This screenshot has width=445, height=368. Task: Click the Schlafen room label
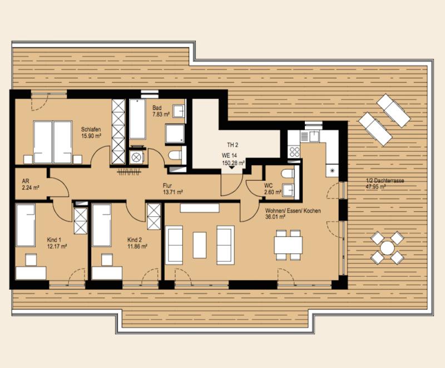tap(91, 130)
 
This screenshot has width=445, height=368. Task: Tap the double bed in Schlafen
tap(52, 142)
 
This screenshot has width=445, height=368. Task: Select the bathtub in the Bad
tap(137, 119)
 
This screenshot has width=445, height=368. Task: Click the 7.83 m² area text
tap(161, 115)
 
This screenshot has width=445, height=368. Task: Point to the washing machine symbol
tap(136, 157)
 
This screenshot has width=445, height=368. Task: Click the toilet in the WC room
tap(288, 173)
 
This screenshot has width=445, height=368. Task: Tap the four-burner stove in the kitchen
tap(294, 152)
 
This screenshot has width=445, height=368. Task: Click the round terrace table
tap(387, 248)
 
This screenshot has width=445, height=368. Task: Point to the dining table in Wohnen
tap(288, 245)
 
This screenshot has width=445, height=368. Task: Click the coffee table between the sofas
tap(200, 245)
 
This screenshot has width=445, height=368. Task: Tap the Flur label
tap(167, 186)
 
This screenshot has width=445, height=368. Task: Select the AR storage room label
tap(26, 181)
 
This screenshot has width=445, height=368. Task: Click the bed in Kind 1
tap(26, 225)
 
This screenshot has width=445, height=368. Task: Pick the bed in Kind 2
tap(102, 225)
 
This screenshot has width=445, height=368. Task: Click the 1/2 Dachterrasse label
tap(385, 181)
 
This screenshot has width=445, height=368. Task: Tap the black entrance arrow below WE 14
tap(232, 167)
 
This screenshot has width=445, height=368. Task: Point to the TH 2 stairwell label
tap(233, 145)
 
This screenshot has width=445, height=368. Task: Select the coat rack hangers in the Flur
tap(130, 172)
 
